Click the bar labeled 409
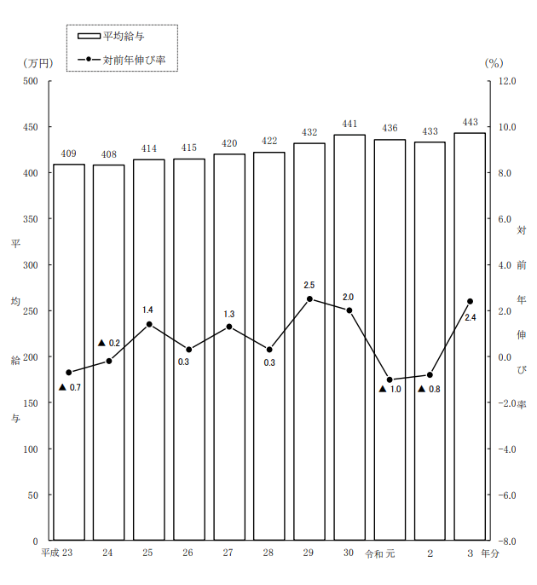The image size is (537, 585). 69,352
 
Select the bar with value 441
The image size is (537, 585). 349,338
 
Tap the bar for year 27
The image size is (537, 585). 229,347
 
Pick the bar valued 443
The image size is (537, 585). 470,337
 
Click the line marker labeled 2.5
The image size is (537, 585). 309,299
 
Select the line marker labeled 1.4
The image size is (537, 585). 149,324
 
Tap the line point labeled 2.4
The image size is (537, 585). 470,301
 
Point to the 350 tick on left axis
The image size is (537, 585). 31,219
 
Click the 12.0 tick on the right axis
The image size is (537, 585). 508,81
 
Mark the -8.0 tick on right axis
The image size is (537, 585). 508,541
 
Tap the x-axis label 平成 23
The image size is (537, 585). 58,553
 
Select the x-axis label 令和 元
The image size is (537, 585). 380,553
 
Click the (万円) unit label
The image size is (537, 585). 38,63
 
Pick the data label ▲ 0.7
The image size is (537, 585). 70,388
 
